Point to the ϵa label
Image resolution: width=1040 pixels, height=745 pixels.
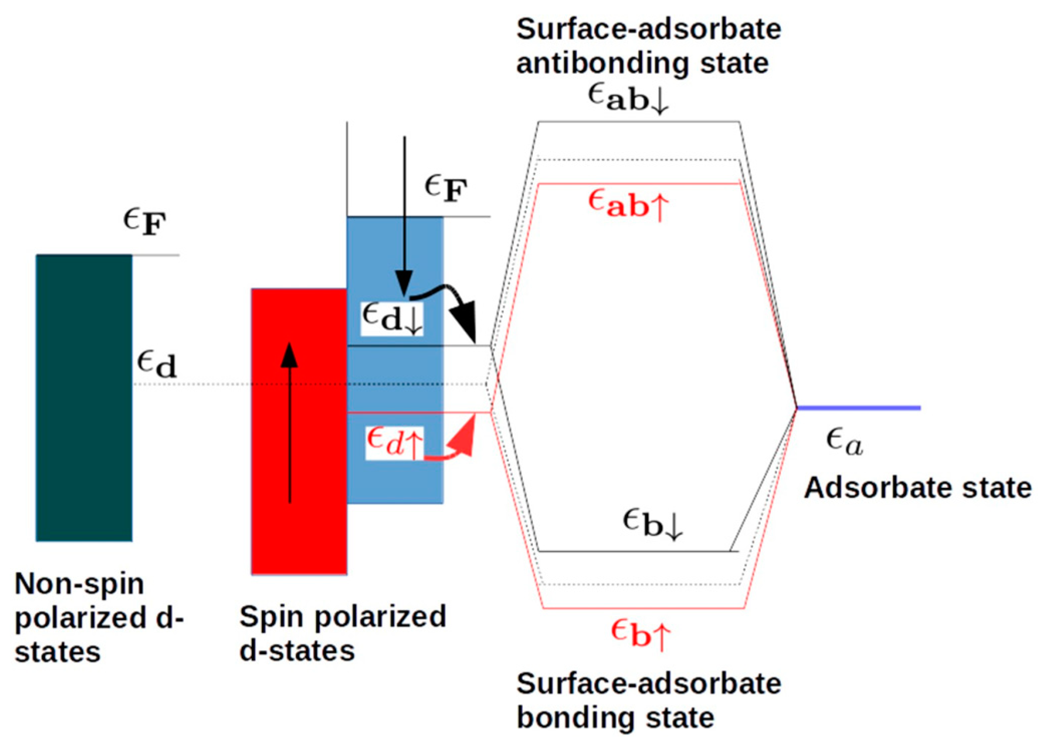click(x=844, y=442)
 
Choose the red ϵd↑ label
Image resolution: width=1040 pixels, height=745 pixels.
click(x=394, y=442)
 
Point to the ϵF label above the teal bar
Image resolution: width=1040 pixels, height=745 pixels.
click(x=144, y=222)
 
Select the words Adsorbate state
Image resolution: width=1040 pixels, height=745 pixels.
click(x=917, y=487)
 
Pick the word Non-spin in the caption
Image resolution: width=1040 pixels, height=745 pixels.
click(x=79, y=584)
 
